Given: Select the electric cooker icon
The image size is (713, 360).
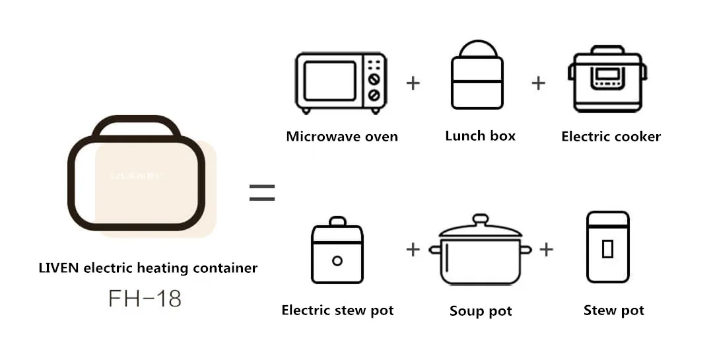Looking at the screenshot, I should click(x=607, y=79).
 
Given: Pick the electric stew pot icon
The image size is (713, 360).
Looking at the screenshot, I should click(x=337, y=250).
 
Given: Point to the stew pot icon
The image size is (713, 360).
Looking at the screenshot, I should click(x=608, y=248).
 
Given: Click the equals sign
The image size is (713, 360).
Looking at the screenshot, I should click(x=262, y=193).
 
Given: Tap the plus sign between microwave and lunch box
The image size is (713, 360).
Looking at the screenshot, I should click(x=413, y=83).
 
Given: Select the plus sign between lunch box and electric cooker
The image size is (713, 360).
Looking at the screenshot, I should click(x=539, y=83).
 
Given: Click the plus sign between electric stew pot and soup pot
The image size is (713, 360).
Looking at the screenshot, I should click(x=413, y=249).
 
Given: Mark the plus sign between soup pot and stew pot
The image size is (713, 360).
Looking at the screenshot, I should click(x=546, y=249).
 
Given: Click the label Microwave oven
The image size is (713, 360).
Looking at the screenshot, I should click(x=342, y=137).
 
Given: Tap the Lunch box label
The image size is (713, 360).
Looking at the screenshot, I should click(x=480, y=136).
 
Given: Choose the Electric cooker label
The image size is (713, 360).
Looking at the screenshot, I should click(x=611, y=137).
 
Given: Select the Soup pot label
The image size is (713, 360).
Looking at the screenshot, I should click(x=481, y=310).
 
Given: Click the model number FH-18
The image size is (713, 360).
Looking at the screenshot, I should click(x=145, y=299).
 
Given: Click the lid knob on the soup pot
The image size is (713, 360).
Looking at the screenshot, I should click(x=481, y=219).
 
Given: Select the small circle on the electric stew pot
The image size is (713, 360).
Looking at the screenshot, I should click(x=337, y=260).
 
